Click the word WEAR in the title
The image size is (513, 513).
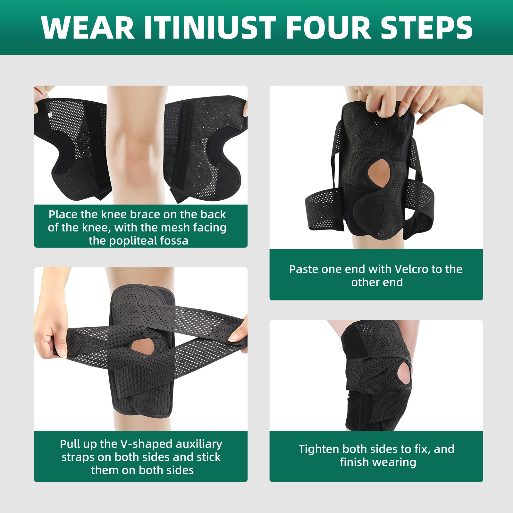tap(88, 28)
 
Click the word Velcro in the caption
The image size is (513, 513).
tap(411, 269)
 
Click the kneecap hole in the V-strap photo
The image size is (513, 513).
tap(143, 346)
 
